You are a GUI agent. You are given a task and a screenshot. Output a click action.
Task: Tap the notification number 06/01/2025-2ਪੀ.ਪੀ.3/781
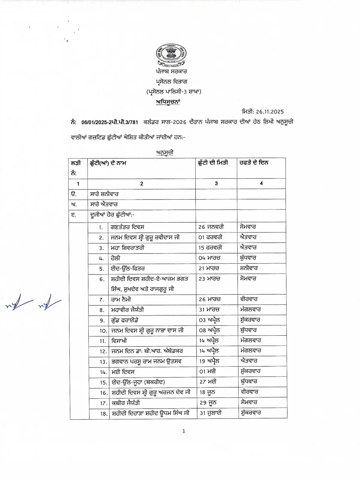click(109, 122)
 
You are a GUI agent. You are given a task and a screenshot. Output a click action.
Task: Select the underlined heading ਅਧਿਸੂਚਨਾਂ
click(168, 102)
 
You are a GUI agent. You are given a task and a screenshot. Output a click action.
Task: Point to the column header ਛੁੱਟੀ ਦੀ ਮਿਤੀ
click(213, 163)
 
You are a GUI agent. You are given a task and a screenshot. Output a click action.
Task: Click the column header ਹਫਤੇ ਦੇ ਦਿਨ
click(254, 163)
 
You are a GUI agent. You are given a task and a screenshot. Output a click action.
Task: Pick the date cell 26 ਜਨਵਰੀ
click(211, 227)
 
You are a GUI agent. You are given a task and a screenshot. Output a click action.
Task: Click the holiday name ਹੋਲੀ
click(115, 258)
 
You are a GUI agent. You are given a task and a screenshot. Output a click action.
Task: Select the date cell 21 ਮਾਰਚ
click(209, 268)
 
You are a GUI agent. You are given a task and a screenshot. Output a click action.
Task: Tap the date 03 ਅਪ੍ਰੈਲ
click(209, 320)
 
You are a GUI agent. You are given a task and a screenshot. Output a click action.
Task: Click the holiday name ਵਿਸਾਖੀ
click(119, 341)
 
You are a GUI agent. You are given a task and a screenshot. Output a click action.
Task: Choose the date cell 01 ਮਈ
click(208, 372)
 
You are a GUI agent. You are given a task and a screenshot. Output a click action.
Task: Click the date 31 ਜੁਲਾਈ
click(211, 413)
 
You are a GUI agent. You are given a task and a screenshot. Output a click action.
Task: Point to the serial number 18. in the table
click(103, 414)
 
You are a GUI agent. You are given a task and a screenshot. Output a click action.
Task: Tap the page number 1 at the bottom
click(184, 431)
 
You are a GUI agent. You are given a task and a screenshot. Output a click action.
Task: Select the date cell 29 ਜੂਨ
click(208, 403)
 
